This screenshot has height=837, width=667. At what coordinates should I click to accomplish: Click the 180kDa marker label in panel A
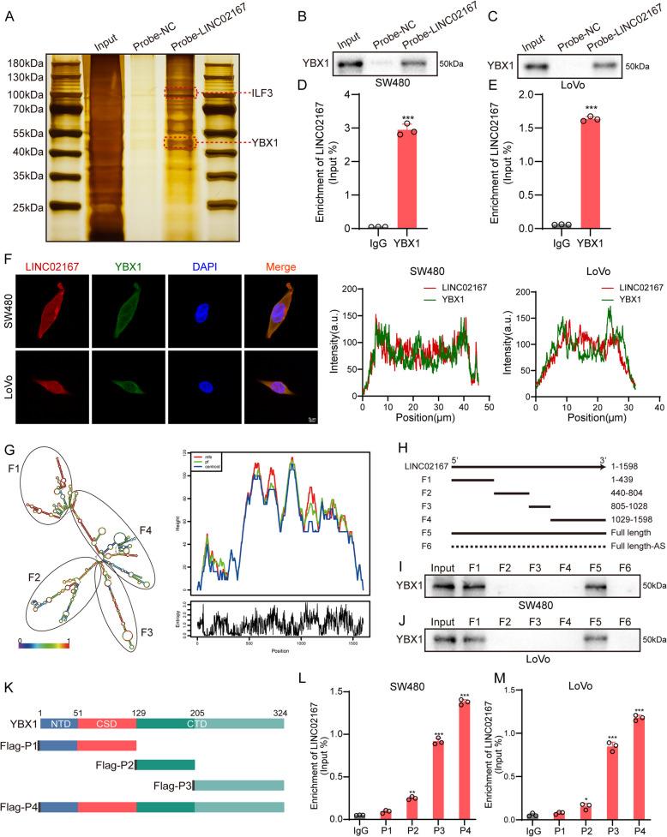(25, 63)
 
